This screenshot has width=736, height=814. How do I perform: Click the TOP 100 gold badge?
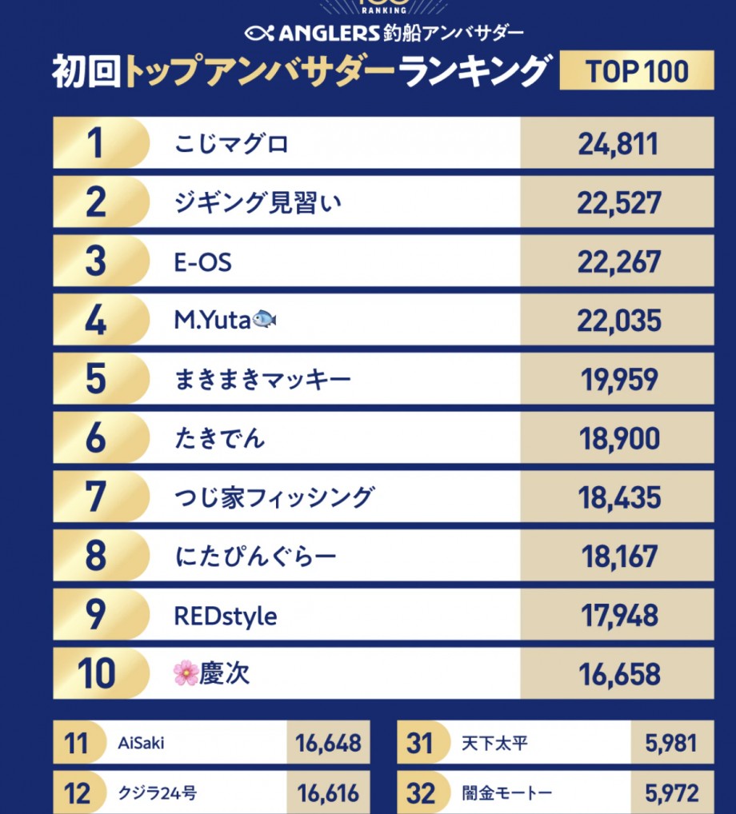[636, 71]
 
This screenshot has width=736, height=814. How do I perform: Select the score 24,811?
[618, 145]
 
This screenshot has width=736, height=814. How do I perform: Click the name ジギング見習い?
[258, 203]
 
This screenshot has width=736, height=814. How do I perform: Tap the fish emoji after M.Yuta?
[264, 321]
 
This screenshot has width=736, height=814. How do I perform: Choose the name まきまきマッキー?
[262, 380]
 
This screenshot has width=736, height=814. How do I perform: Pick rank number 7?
[95, 497]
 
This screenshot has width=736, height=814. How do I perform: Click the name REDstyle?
[226, 616]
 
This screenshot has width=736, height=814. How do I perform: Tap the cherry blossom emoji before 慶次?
[186, 674]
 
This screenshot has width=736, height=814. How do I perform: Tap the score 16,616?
[328, 793]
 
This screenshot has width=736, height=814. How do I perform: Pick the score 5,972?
[672, 793]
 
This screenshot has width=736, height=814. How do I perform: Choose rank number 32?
[421, 793]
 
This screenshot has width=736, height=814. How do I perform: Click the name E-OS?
[203, 262]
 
